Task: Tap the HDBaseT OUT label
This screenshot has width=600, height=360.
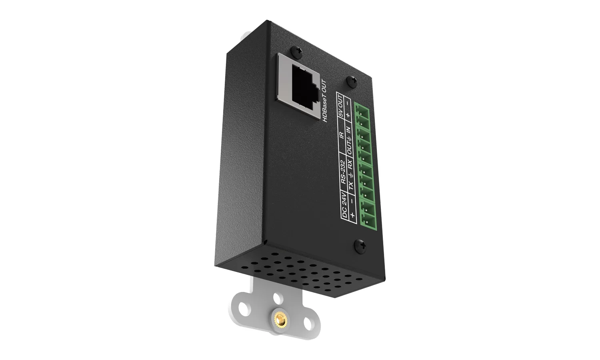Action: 325,101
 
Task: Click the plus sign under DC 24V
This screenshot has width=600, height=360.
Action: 353,214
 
